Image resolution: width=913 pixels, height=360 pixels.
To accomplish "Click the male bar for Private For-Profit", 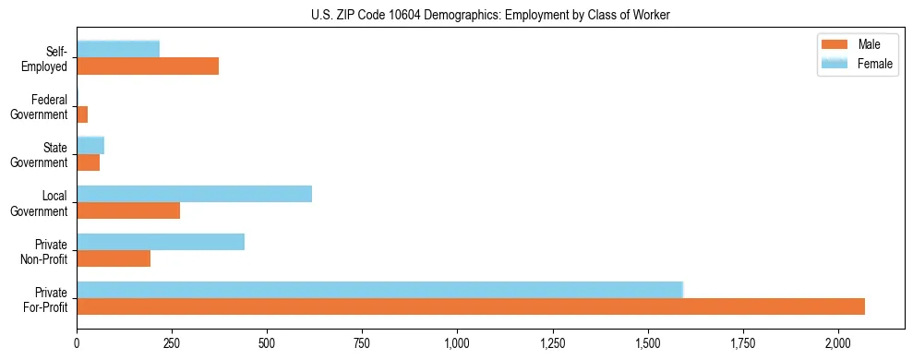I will (x=471, y=306).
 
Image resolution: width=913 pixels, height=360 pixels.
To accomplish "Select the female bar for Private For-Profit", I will (x=379, y=290).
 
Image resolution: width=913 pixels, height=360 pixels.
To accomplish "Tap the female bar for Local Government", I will (x=194, y=194).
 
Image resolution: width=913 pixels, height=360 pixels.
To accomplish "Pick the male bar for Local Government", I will (x=128, y=210).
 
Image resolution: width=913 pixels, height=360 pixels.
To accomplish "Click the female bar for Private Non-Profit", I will (x=161, y=242).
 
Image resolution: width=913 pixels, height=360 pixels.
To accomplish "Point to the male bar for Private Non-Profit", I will (x=114, y=258).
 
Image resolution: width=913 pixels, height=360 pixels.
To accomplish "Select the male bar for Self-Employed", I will (x=148, y=66).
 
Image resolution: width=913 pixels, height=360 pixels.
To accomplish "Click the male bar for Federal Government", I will (x=82, y=114).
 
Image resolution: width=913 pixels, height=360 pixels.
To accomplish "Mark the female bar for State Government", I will (x=90, y=146).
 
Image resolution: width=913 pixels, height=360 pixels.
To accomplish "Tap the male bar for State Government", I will (x=89, y=162).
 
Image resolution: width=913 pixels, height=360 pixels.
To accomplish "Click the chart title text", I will (x=491, y=15).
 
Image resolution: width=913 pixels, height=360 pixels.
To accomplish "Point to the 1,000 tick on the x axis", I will (x=458, y=342).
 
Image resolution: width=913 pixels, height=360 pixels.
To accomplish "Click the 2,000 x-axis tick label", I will (x=838, y=342).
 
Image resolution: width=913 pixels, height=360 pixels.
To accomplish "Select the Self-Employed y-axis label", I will (x=47, y=58).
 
